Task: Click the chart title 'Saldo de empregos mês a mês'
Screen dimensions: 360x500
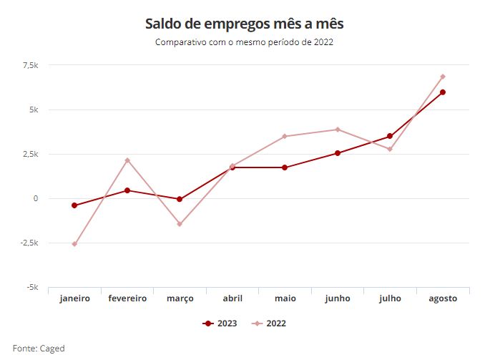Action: (x=249, y=24)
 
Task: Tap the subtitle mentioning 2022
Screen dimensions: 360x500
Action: (x=245, y=42)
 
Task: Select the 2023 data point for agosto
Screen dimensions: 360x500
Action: (x=443, y=92)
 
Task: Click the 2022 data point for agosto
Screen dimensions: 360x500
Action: (x=443, y=77)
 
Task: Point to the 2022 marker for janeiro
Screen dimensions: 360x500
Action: (x=74, y=244)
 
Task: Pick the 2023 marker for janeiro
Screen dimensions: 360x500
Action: (x=74, y=205)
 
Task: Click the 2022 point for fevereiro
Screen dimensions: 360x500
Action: (x=127, y=160)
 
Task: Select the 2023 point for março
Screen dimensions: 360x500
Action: (x=180, y=200)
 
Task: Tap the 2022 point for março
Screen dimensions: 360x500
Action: (x=180, y=224)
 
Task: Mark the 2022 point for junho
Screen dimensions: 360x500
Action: (x=338, y=130)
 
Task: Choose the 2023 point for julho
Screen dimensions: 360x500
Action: (x=390, y=136)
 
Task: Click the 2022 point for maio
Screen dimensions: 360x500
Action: (x=285, y=136)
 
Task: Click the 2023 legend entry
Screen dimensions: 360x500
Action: (x=220, y=323)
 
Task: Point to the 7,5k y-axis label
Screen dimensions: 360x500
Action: (x=30, y=66)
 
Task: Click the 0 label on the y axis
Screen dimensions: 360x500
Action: (x=35, y=199)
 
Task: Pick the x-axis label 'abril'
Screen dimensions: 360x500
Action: (x=232, y=298)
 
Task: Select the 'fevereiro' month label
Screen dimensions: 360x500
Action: (x=127, y=298)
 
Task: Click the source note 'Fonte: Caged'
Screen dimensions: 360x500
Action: (x=39, y=349)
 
